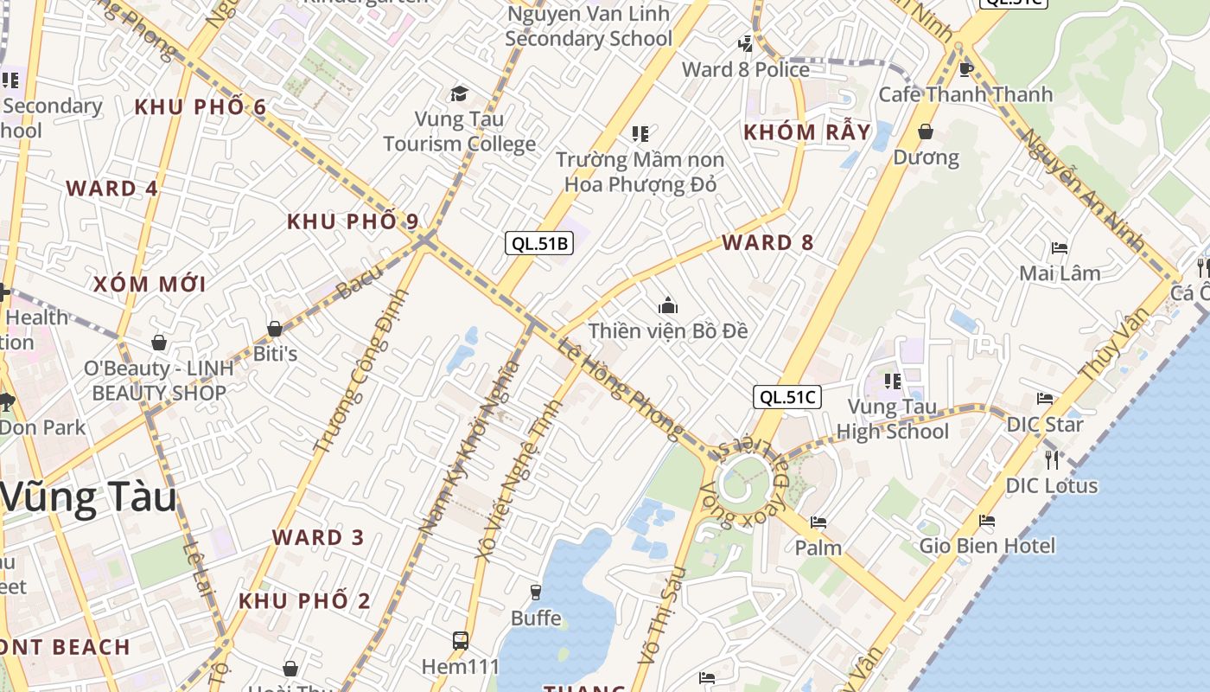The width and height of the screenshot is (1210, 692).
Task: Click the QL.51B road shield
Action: coord(539,243)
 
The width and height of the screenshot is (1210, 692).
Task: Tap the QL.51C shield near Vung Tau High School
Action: coord(786,397)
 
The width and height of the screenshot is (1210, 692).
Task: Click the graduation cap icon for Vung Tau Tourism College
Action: coord(459,93)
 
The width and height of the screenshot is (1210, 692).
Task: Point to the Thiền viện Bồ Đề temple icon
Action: coord(667,305)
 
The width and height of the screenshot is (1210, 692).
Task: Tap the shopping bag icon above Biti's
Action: coord(275,329)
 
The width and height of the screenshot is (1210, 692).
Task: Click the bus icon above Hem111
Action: coord(461,641)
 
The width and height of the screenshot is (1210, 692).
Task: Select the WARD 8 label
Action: coord(767,242)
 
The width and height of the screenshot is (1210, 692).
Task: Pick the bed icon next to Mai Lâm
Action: coord(1060,248)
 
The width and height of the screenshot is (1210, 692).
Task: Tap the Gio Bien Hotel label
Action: coord(987,546)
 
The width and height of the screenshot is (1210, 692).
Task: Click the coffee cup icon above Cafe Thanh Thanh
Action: coord(966,69)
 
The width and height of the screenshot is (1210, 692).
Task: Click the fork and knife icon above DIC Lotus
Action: coord(1052,459)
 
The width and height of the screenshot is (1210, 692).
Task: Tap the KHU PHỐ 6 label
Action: coord(201,107)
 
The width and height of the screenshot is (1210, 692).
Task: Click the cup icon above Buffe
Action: coord(536,593)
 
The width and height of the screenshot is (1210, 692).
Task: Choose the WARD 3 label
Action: coord(318,537)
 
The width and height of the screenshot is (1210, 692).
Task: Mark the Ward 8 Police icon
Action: coord(745,43)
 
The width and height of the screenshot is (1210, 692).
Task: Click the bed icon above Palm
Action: coord(818,522)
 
